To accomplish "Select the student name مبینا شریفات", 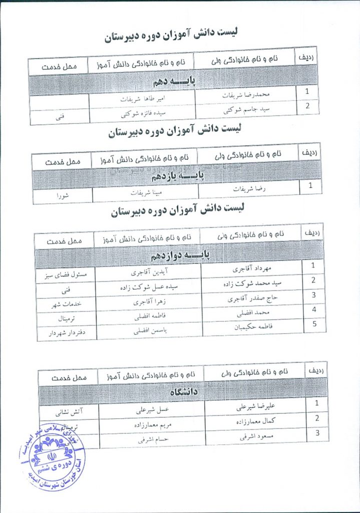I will (x=144, y=192).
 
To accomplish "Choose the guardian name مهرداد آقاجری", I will (x=253, y=269).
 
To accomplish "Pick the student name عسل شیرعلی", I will (x=150, y=411).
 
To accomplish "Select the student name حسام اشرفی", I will (x=150, y=439).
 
